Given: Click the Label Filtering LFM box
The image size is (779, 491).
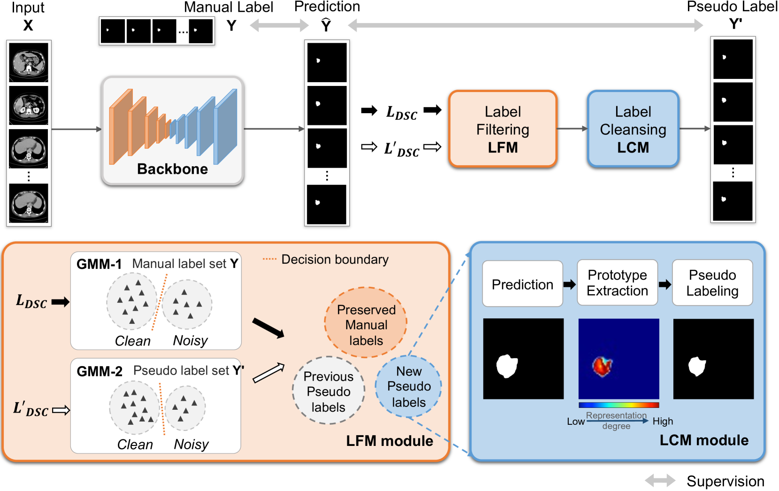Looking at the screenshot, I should pos(503,129).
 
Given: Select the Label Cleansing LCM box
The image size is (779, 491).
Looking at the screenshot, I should pos(633,129).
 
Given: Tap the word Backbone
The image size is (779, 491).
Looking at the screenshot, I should pos(172,169).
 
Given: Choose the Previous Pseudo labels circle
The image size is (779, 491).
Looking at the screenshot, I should pos(328,391).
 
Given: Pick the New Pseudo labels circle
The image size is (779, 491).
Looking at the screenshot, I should pos(409,386).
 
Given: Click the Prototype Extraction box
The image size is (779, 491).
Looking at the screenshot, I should pos(617,283).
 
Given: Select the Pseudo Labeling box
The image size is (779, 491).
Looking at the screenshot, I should pos(712,283).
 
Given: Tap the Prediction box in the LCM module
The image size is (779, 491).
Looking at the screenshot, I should pos(522,284).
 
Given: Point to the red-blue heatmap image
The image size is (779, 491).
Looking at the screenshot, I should pos(619,359).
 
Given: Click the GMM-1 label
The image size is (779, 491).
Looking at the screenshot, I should pos(99,264).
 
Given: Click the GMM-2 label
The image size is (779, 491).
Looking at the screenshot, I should pos(99,371).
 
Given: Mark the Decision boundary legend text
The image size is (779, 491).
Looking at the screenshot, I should pos(335,260).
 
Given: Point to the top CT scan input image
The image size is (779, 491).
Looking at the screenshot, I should pos(29,62).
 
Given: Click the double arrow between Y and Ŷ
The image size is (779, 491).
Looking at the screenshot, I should pos(279,25).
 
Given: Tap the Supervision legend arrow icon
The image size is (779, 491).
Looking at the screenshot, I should pos(660,480).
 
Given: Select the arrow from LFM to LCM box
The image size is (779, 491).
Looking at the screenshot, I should pos(572,129).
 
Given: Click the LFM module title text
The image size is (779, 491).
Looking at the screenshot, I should pos(389,441).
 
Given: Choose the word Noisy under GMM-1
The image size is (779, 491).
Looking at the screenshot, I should pos(190,340).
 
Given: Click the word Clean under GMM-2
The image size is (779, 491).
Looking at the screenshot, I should pos(135,444).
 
